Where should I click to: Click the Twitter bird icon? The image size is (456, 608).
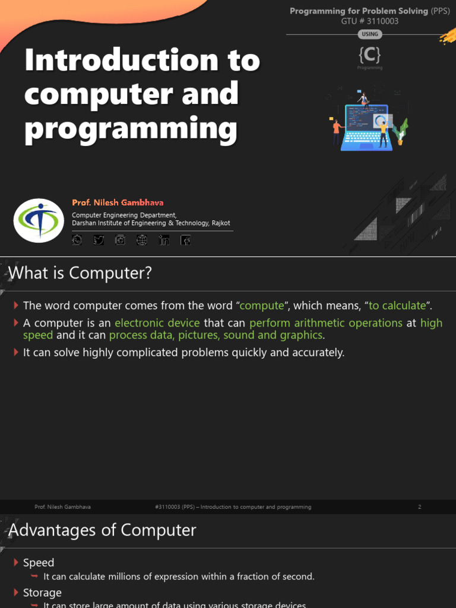click(99, 240)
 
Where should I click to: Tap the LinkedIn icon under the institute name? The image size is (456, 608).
click(164, 240)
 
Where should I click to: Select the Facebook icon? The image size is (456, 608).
click(186, 240)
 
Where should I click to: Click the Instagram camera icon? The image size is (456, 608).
click(120, 240)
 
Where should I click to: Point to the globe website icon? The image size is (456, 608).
click(141, 240)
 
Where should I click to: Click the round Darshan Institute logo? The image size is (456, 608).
click(39, 220)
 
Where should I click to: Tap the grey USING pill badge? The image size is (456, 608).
click(369, 34)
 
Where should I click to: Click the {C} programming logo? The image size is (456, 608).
click(369, 55)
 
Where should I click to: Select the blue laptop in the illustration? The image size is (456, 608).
click(365, 128)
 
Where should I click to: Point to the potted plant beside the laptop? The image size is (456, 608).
click(402, 131)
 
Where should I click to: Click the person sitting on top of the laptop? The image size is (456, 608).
click(363, 99)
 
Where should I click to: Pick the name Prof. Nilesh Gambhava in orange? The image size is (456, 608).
click(118, 203)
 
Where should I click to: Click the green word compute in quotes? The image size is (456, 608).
click(261, 306)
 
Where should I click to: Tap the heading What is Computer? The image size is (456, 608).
click(80, 274)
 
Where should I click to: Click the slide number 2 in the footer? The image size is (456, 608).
click(420, 507)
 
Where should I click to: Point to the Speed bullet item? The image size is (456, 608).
click(39, 562)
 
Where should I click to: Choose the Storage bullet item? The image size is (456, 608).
click(42, 593)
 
